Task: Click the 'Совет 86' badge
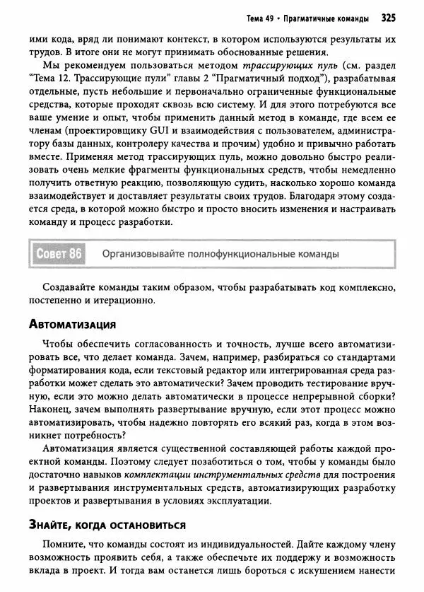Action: click(x=59, y=254)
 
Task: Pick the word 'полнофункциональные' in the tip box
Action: click(x=234, y=254)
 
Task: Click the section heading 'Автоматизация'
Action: click(x=72, y=324)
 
